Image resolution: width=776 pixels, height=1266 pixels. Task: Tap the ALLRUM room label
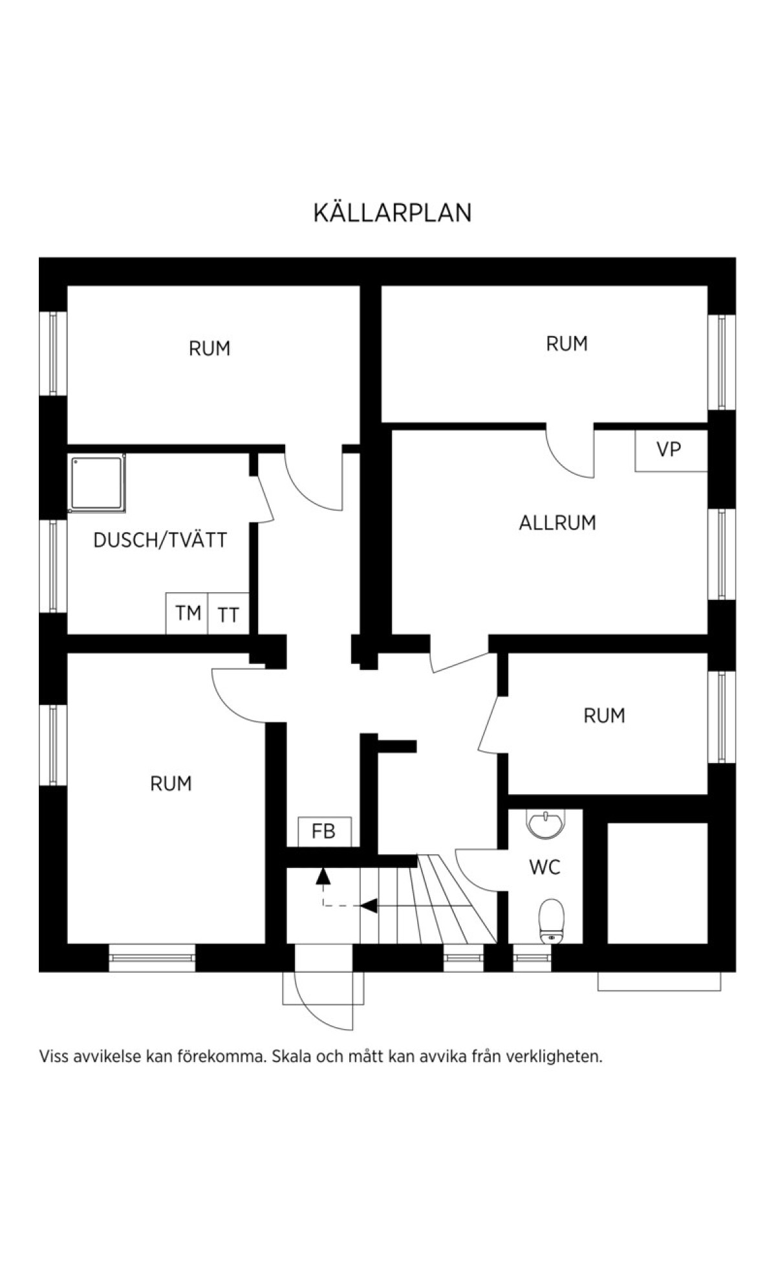(x=557, y=522)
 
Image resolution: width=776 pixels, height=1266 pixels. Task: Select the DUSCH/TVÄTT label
(x=160, y=540)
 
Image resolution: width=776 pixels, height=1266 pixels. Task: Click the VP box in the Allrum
(x=671, y=450)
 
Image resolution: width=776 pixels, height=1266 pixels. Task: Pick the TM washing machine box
(x=187, y=613)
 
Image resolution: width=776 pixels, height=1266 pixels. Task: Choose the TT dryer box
(x=228, y=614)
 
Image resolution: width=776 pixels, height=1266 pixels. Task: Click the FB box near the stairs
(x=325, y=832)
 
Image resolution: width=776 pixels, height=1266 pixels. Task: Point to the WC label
(x=545, y=867)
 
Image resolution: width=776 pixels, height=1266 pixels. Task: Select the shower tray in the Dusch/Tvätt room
(x=97, y=483)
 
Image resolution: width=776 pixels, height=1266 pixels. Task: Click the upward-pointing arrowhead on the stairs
(x=323, y=876)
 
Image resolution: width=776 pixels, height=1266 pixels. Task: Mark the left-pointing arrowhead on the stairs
(x=369, y=905)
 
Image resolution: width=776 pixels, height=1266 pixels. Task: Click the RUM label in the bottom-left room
(x=171, y=784)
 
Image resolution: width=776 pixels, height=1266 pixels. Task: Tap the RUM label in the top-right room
(x=567, y=344)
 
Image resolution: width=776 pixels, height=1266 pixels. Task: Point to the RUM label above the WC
(x=604, y=716)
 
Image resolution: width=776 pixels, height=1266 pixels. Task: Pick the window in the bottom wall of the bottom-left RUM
(x=152, y=958)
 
